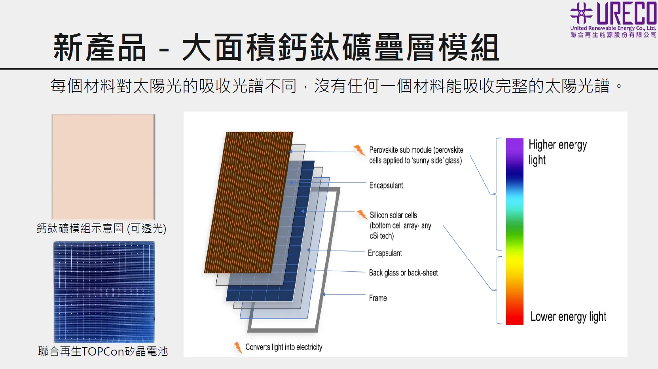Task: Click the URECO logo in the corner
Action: coord(613,19)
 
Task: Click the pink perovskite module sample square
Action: coord(103,167)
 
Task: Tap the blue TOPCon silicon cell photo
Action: coord(104,292)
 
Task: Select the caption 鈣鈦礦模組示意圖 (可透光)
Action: coord(101,228)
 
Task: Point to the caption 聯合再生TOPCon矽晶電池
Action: coord(103,351)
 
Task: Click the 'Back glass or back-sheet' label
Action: coord(403,273)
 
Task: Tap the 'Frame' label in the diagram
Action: coord(378,298)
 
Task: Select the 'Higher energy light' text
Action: coord(557,152)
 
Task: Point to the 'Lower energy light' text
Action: coord(568,317)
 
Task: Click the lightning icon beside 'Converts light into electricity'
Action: coord(238,348)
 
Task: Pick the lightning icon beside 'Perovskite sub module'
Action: coord(359,150)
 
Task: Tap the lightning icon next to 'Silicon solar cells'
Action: coord(362,215)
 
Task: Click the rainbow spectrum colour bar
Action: coord(515,231)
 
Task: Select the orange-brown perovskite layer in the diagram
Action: coord(249,202)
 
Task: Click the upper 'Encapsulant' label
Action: coord(386,185)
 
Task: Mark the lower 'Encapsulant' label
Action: coord(385,253)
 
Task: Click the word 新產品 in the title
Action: coord(99,47)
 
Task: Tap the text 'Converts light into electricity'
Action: coord(284,347)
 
